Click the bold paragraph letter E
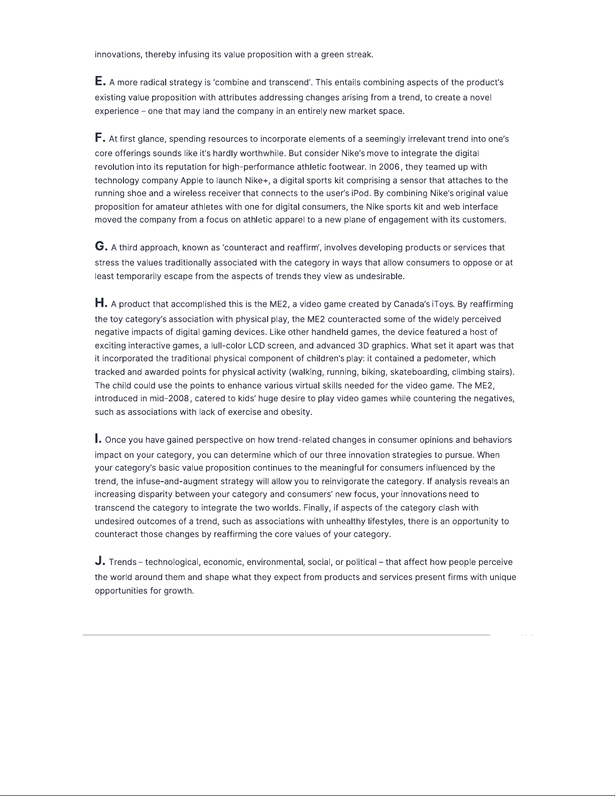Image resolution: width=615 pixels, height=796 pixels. pyautogui.click(x=99, y=81)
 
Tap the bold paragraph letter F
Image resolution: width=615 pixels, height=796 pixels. pyautogui.click(x=99, y=138)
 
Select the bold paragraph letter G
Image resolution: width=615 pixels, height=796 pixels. pyautogui.click(x=100, y=247)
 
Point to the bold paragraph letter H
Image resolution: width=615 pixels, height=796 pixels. pyautogui.click(x=100, y=303)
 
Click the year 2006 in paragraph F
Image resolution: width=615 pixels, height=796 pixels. pyautogui.click(x=389, y=167)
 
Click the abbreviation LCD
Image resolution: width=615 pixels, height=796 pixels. pyautogui.click(x=256, y=346)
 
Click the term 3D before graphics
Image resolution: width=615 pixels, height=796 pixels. pyautogui.click(x=363, y=346)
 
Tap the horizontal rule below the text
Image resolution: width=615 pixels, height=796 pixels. pyautogui.click(x=286, y=635)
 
